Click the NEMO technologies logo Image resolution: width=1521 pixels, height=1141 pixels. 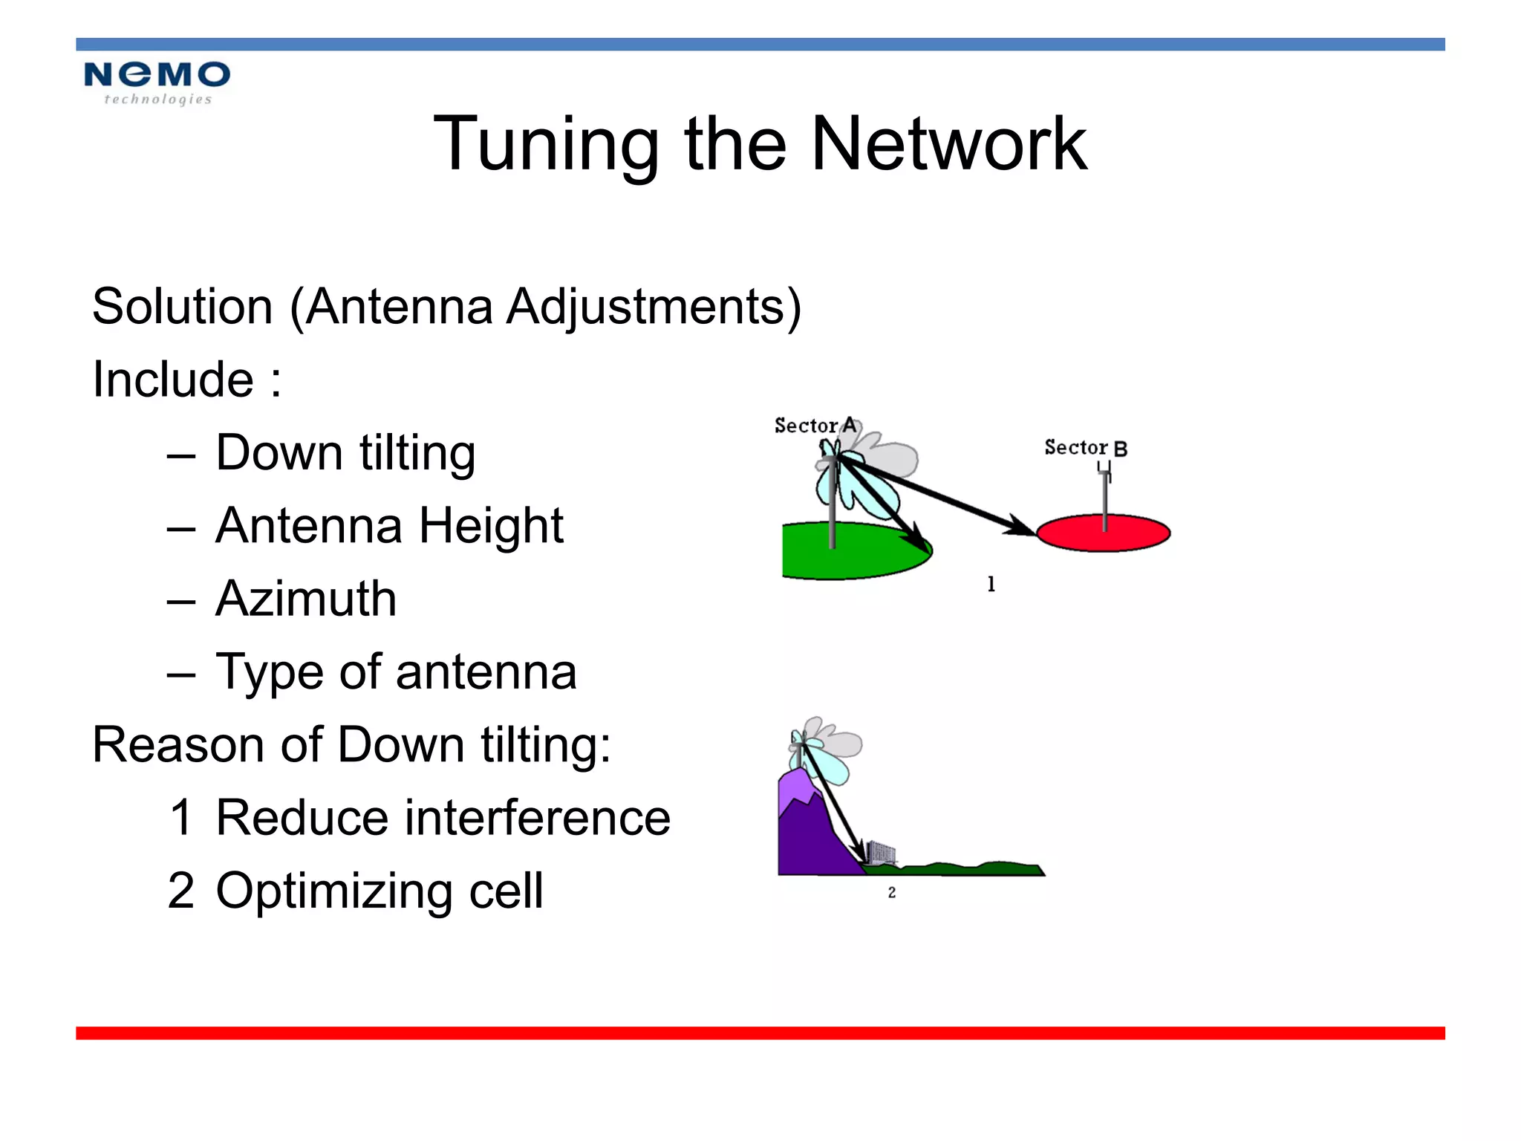(157, 82)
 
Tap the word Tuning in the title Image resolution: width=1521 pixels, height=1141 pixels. (546, 145)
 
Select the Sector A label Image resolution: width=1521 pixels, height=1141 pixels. (815, 426)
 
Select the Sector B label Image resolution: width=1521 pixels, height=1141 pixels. (1085, 447)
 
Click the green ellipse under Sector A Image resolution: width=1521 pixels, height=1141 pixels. (854, 553)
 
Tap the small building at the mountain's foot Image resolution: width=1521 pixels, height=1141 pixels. (882, 852)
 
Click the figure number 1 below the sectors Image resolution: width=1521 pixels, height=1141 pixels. (991, 585)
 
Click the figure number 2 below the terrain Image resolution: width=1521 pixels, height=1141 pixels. (891, 892)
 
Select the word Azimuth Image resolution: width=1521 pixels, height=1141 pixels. (306, 599)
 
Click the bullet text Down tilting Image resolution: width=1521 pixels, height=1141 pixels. (345, 453)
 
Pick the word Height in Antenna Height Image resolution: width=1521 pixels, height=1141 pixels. (490, 526)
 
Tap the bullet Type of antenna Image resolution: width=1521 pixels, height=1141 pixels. (396, 672)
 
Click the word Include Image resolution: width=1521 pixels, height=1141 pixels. (173, 380)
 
